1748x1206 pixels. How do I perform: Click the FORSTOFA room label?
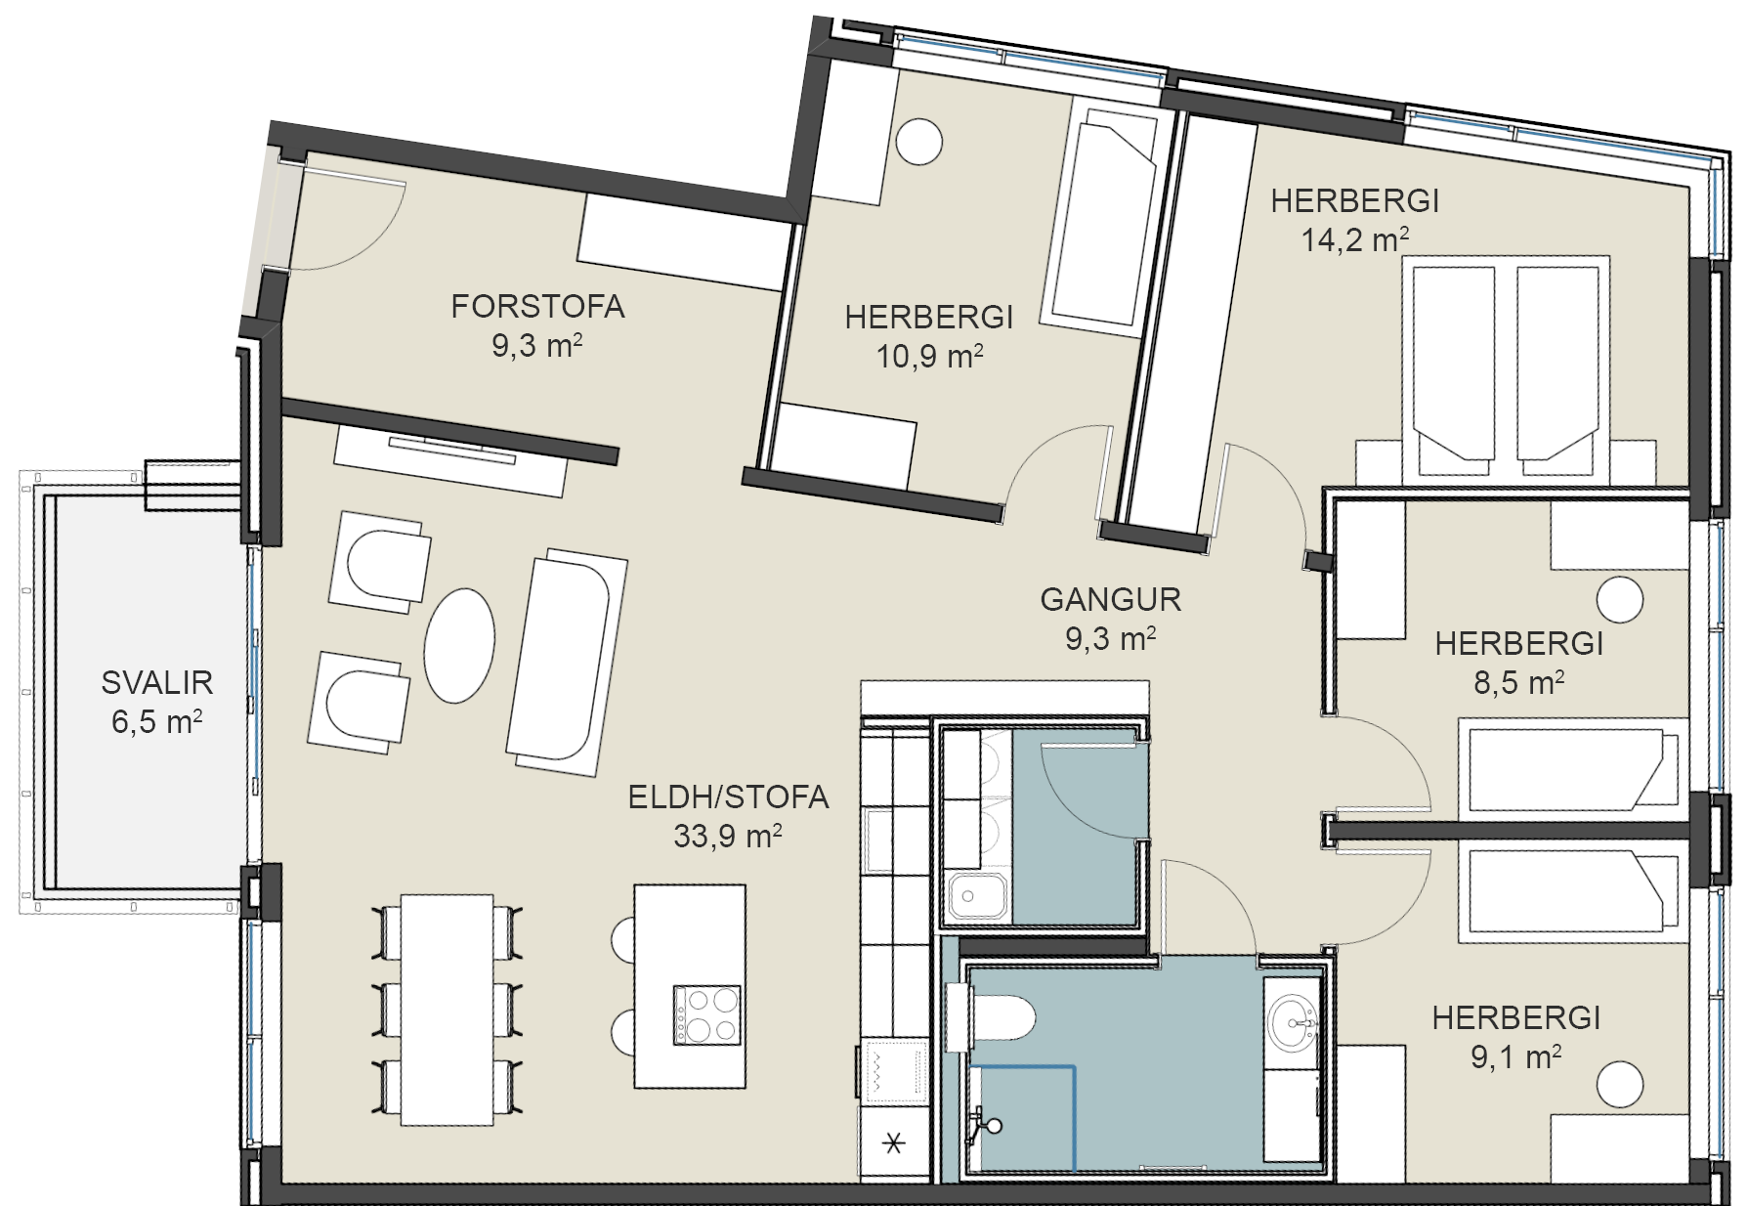537,307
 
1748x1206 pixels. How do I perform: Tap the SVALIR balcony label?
157,682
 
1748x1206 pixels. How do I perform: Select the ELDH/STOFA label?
728,797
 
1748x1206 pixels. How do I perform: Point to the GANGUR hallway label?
1111,599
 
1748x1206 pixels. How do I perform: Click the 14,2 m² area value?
1355,239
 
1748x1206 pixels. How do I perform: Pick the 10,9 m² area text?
929,356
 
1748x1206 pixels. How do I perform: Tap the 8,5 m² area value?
1518,682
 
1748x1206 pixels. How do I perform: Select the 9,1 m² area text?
1516,1056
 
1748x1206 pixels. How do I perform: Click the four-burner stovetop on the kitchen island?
706,1015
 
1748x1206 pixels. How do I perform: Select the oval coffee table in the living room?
459,645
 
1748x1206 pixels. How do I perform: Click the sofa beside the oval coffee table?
566,662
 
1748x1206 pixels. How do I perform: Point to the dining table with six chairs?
448,1010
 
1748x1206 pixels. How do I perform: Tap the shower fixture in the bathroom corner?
985,1126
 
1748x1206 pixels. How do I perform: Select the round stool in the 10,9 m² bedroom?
919,142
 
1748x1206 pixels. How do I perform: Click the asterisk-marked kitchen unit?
894,1142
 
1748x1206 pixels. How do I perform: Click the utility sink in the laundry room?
976,895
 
